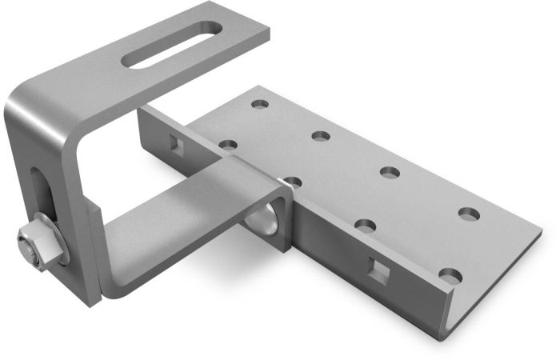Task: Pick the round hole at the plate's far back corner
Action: pos(258,104)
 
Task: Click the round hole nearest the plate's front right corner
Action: pos(450,277)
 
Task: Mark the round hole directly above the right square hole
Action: pos(366,226)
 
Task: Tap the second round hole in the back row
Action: pos(321,136)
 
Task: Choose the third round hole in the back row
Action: pos(390,171)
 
